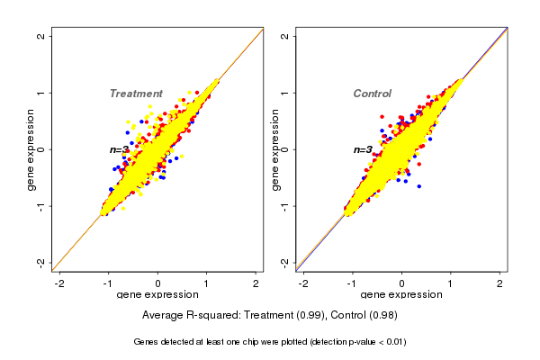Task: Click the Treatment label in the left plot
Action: coord(136,94)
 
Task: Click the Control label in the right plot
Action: coord(373,94)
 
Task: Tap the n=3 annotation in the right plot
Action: coord(363,149)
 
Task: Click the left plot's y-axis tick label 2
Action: coord(41,36)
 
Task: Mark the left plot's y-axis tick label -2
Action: coord(41,262)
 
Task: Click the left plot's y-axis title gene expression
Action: coord(32,149)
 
